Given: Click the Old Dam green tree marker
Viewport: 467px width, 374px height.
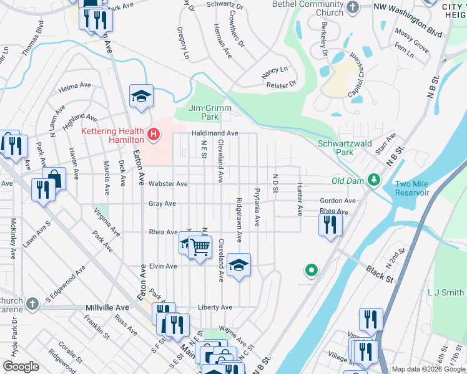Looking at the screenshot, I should tap(374, 180).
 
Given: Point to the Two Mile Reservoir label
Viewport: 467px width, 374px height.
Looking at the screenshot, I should tap(412, 188).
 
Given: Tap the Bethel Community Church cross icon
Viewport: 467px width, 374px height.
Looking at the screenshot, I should tap(352, 8).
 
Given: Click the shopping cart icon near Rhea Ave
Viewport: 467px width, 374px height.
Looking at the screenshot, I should tap(200, 247).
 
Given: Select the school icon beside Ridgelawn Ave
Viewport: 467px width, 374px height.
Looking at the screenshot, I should tap(238, 265).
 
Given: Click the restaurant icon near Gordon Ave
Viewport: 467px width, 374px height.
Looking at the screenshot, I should tap(330, 224).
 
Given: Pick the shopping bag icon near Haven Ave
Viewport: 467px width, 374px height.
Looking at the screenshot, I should tap(54, 179).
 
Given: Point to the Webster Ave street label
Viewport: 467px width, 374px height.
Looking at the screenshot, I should tap(167, 184).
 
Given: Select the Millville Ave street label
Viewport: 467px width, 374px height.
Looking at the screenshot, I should tap(107, 308).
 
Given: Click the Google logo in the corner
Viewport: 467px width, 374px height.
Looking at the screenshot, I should tap(21, 367).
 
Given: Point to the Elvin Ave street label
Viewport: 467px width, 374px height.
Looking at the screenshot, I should tap(163, 266).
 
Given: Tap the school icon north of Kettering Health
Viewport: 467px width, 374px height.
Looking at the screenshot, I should tap(141, 95).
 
